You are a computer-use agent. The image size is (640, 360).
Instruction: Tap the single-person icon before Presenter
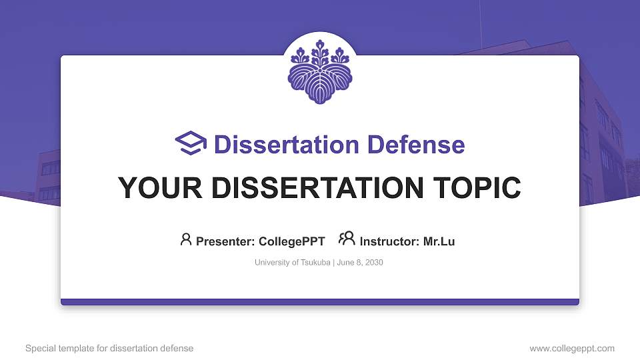pos(186,239)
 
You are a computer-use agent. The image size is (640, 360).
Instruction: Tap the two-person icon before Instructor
pos(347,239)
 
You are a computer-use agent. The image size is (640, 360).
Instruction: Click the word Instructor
pos(389,241)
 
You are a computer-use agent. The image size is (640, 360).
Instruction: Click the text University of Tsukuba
pos(292,263)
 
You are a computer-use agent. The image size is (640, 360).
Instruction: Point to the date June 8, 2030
pos(360,263)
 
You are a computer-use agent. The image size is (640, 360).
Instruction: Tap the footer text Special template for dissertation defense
pos(109,349)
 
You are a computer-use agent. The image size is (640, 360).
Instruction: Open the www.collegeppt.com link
pos(572,349)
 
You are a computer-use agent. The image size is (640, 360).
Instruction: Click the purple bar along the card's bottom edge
pos(320,302)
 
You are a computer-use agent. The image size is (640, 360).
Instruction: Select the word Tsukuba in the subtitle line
pos(314,263)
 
